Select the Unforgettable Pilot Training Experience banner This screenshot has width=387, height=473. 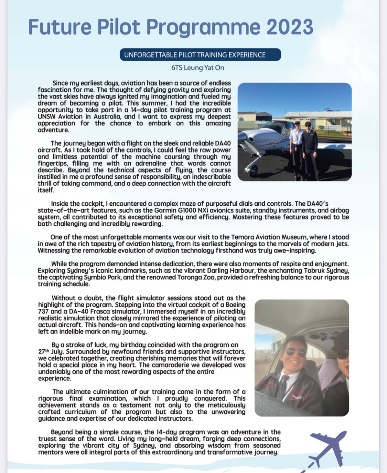(x=200, y=55)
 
